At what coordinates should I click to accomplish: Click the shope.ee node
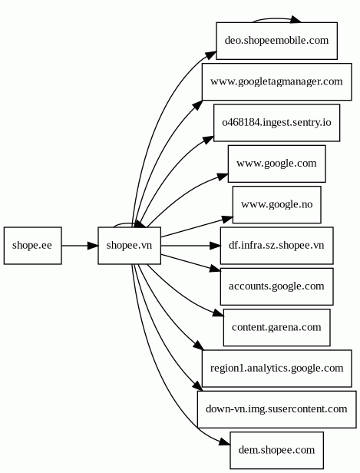32,246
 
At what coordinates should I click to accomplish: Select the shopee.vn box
130,246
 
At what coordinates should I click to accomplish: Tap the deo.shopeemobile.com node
277,41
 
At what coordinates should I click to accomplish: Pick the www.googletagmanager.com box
277,81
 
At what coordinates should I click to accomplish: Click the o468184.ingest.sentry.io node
277,123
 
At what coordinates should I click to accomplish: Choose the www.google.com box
277,164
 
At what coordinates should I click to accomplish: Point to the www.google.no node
277,205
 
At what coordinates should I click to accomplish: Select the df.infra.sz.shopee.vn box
277,246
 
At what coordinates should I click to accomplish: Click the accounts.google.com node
277,286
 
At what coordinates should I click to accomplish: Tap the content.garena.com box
277,328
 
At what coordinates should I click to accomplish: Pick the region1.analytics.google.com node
277,369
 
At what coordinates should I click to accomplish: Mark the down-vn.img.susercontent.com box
277,409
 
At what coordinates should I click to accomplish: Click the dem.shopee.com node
277,451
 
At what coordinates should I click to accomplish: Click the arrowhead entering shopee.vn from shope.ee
93,246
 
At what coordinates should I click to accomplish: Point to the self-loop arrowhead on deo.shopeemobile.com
296,20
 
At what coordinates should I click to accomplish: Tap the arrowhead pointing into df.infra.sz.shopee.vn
215,246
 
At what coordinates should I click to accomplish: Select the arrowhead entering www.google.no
227,219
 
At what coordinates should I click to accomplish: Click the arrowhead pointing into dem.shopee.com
225,442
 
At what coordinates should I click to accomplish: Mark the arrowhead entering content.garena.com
218,313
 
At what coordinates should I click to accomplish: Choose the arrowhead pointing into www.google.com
223,177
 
